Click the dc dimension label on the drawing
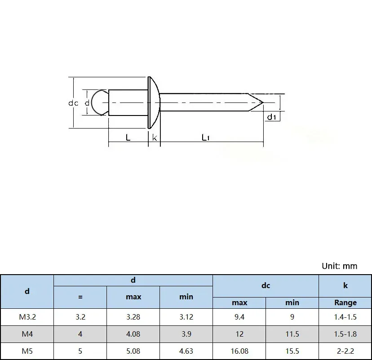click(x=73, y=103)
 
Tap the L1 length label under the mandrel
click(x=205, y=138)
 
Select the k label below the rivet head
click(x=154, y=138)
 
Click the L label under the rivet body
click(x=128, y=138)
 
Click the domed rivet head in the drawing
click(x=153, y=103)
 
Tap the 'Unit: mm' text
click(x=340, y=266)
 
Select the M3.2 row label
click(x=27, y=317)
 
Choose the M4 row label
click(x=27, y=334)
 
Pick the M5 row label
click(x=27, y=351)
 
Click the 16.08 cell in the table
click(x=239, y=351)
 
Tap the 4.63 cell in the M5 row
click(x=186, y=351)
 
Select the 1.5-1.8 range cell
click(x=345, y=334)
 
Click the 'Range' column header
click(x=345, y=302)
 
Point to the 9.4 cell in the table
click(x=239, y=317)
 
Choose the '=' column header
click(x=80, y=297)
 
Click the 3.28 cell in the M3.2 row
click(x=133, y=317)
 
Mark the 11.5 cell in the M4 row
click(x=292, y=334)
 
